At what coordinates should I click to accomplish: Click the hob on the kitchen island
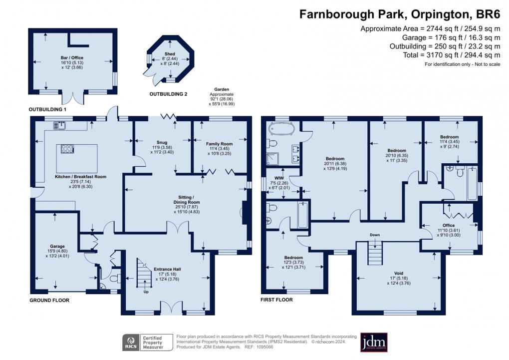click(68, 148)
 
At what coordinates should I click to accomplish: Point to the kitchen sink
click(61, 126)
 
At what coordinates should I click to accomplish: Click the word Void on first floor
click(398, 273)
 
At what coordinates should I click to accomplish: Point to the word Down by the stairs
click(375, 235)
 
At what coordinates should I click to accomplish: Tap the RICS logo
click(131, 343)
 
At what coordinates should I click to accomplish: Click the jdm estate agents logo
click(374, 343)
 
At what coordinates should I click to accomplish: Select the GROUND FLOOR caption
click(49, 300)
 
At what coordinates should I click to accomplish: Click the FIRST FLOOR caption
click(276, 300)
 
